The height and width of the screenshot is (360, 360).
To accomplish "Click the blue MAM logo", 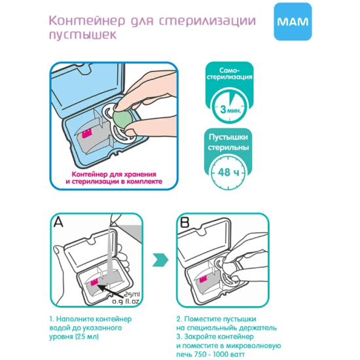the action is (x=293, y=22).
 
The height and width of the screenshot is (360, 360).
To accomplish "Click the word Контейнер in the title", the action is (x=87, y=21).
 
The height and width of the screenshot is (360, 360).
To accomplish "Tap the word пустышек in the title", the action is (x=83, y=35).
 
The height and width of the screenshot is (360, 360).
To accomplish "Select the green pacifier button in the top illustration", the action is (x=122, y=119).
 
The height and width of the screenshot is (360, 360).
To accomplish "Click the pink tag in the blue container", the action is (x=87, y=134).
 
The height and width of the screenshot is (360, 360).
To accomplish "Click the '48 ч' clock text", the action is (x=228, y=172).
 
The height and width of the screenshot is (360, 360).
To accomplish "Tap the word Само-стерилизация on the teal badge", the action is (x=229, y=73).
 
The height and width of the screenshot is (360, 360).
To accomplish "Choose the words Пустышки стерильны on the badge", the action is (x=228, y=142).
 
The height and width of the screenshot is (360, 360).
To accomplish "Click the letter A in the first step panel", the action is (x=58, y=222).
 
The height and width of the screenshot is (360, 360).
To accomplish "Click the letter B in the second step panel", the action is (x=185, y=222).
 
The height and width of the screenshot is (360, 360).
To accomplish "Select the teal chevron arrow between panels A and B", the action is (x=160, y=260).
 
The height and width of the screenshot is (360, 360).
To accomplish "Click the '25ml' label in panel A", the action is (x=132, y=295).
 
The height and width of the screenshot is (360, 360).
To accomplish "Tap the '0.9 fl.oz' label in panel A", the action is (x=126, y=302).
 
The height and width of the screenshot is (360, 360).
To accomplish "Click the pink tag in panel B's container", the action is (x=203, y=279).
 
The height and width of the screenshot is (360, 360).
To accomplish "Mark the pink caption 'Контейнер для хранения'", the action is (x=114, y=174).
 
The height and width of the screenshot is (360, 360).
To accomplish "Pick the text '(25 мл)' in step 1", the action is (x=86, y=336).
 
